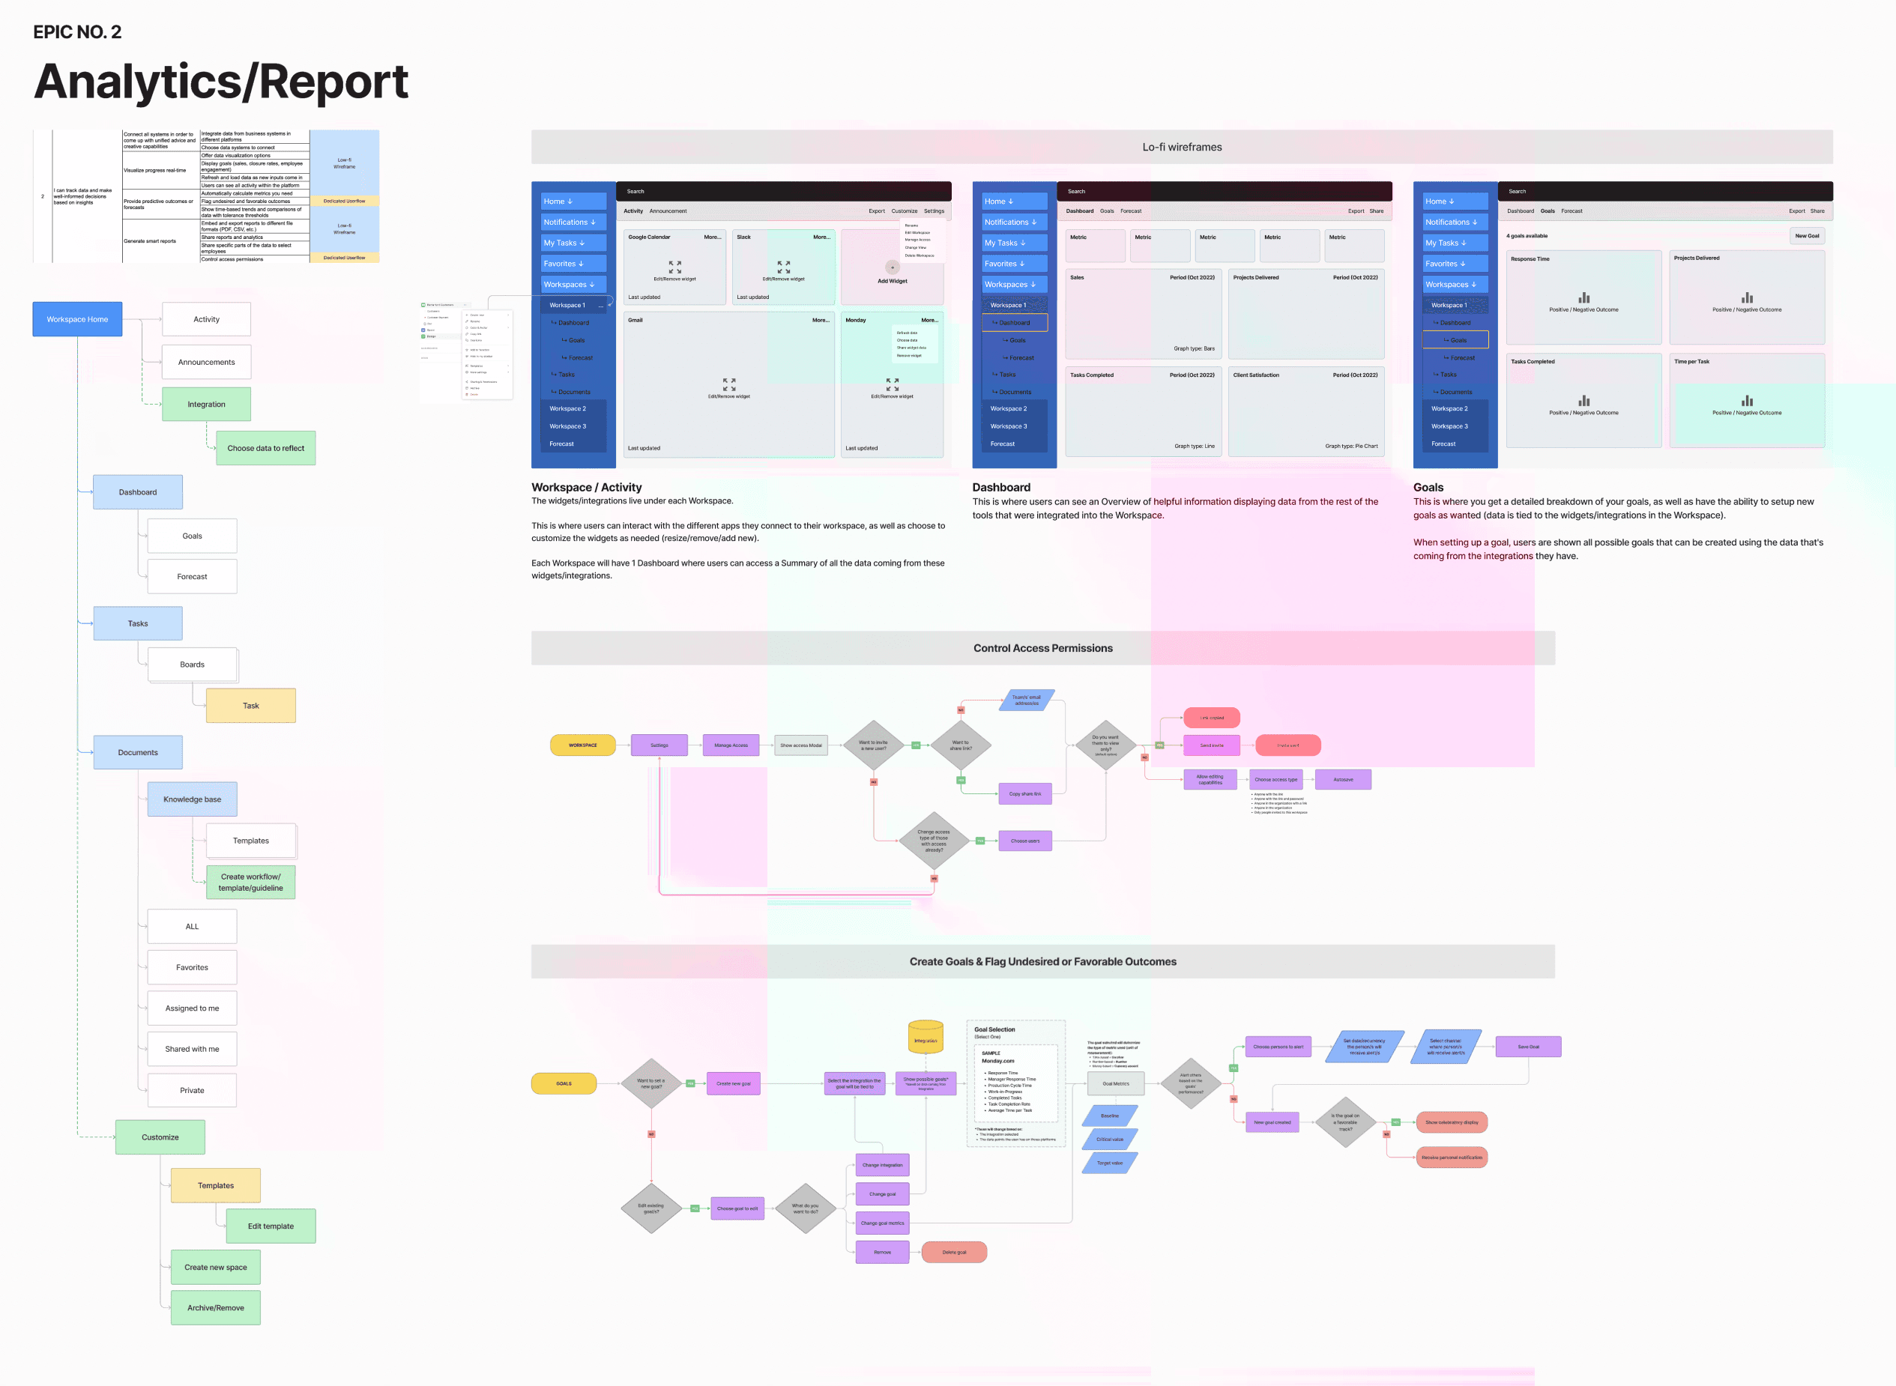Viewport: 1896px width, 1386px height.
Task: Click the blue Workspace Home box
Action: coord(77,319)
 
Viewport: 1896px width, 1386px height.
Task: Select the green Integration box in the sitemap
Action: coord(205,405)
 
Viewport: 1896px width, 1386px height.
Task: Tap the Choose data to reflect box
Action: coord(265,448)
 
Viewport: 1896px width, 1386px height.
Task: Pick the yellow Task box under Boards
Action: coord(250,706)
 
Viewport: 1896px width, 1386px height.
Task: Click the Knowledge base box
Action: coord(192,799)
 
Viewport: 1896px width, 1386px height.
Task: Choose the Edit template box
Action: coord(271,1226)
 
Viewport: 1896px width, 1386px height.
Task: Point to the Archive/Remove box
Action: coord(216,1308)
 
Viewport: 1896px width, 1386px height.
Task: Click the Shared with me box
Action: coord(192,1049)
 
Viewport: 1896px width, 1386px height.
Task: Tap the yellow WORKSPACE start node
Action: coord(582,745)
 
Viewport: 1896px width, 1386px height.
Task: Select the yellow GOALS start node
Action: coord(564,1083)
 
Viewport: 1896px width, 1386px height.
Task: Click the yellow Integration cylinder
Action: coord(926,1038)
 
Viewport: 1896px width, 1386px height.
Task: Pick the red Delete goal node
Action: coord(954,1253)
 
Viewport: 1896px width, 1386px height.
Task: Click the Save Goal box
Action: coord(1528,1046)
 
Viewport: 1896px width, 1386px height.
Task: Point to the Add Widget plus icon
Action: coord(893,267)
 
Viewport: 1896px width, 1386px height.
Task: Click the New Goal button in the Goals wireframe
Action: coord(1807,236)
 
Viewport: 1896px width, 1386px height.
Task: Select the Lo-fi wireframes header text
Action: coord(1182,147)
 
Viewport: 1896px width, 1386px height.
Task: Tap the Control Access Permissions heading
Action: coord(1042,649)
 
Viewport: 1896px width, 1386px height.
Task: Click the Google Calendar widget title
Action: coord(650,237)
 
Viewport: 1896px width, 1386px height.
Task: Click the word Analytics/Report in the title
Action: coord(221,82)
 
